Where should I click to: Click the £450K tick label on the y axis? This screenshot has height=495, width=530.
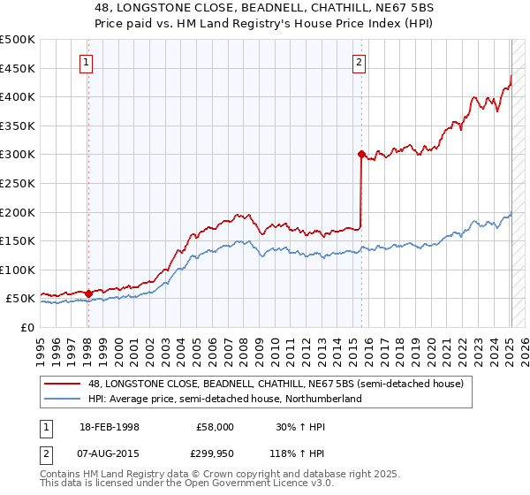click(18, 68)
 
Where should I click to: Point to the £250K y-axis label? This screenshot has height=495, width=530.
click(18, 183)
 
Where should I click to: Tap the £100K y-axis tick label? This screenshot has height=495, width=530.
click(18, 270)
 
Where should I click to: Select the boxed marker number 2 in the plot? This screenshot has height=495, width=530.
click(360, 62)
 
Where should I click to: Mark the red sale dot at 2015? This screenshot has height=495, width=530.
click(361, 154)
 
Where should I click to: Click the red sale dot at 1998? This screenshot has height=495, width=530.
click(88, 293)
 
